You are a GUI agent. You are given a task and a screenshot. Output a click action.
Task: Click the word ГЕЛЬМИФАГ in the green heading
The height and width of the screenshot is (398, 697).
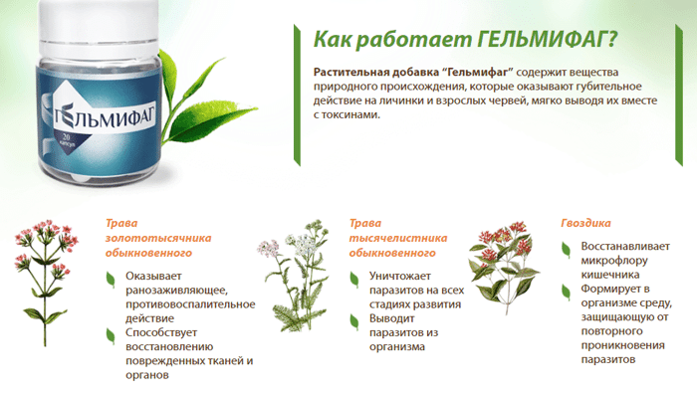[541, 39]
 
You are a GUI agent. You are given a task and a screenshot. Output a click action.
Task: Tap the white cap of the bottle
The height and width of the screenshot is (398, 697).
[99, 26]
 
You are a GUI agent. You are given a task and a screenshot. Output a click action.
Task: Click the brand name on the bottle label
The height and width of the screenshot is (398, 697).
[105, 117]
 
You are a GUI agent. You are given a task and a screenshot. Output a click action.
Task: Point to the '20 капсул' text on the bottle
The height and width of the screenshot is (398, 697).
[68, 140]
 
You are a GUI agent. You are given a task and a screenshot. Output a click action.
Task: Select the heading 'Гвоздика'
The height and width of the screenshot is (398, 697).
[585, 223]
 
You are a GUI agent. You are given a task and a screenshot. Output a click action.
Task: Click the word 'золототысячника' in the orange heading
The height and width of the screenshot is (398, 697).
[158, 238]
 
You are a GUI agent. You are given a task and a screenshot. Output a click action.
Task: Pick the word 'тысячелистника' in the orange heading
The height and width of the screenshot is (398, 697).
[398, 238]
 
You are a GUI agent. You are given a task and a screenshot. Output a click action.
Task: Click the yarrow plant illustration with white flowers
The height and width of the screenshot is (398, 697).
[294, 276]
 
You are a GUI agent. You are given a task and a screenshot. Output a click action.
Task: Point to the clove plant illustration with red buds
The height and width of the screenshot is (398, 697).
[504, 268]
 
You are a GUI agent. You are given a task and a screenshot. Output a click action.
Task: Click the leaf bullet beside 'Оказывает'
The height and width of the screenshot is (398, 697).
[111, 280]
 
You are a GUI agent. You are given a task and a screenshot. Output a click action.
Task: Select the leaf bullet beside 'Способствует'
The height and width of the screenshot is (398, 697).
[111, 336]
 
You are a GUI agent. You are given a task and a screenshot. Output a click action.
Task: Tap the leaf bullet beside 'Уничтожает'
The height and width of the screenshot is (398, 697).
[354, 280]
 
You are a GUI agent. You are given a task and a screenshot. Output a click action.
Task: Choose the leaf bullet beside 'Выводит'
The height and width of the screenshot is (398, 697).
[354, 322]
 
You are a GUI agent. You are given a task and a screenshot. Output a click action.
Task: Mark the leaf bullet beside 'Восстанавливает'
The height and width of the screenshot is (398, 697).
[566, 250]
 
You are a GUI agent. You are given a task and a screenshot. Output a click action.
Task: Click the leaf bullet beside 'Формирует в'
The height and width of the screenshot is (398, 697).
[566, 293]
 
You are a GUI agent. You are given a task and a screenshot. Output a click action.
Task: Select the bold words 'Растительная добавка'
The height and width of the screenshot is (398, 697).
[376, 73]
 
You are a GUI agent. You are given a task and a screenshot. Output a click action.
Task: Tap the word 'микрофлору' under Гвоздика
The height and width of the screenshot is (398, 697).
[614, 261]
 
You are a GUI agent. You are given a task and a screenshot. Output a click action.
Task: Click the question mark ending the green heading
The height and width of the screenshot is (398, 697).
[612, 39]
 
